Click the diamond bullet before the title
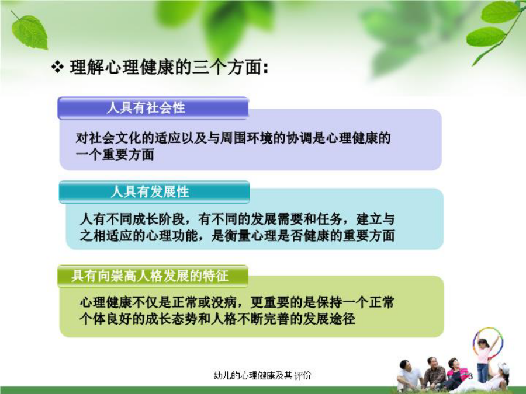point(57,67)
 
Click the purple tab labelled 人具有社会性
point(153,108)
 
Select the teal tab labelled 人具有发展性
point(154,191)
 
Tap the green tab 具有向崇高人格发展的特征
point(153,276)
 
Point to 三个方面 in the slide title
point(227,67)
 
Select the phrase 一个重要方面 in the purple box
point(115,155)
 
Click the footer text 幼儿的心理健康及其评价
point(262,375)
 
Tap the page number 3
point(470,376)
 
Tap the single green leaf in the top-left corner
point(30,32)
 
